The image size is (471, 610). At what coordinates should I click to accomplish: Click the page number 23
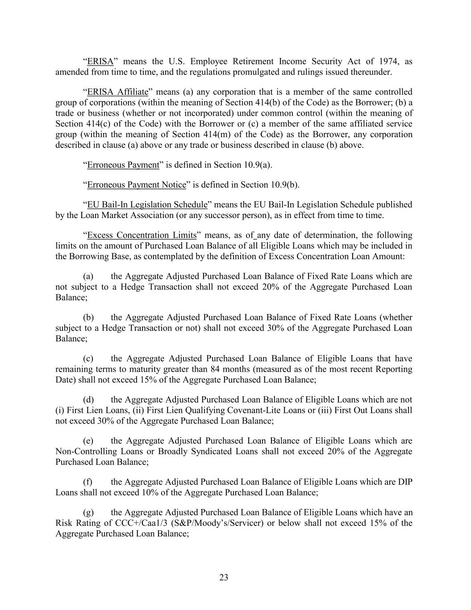(224, 577)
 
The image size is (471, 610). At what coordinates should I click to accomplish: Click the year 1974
(380, 61)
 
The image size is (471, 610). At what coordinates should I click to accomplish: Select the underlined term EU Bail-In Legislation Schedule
(147, 205)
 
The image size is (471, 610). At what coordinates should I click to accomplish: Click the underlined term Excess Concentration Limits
(142, 235)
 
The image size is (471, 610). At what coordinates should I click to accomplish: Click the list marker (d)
(88, 400)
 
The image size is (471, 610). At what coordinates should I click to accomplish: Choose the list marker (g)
(88, 512)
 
